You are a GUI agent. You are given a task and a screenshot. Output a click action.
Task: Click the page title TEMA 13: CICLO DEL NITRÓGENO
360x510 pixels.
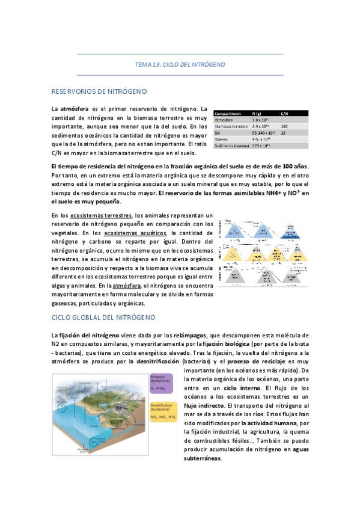pos(180,64)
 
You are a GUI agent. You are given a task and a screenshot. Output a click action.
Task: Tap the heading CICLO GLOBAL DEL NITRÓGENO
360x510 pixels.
pos(103,317)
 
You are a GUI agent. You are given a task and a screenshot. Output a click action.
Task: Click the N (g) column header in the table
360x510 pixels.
pos(257,113)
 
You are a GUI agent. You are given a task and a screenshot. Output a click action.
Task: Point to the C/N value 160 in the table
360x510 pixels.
pos(284,126)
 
